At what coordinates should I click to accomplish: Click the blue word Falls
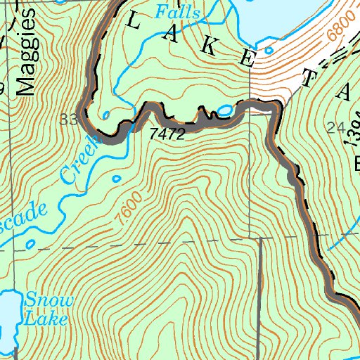[x=178, y=12]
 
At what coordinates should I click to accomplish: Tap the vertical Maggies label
[x=25, y=61]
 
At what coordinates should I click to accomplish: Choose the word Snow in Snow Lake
[x=48, y=300]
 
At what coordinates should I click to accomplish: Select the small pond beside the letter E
[x=268, y=51]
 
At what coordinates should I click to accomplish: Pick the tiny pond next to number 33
[x=105, y=115]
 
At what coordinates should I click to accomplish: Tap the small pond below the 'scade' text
[x=30, y=244]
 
